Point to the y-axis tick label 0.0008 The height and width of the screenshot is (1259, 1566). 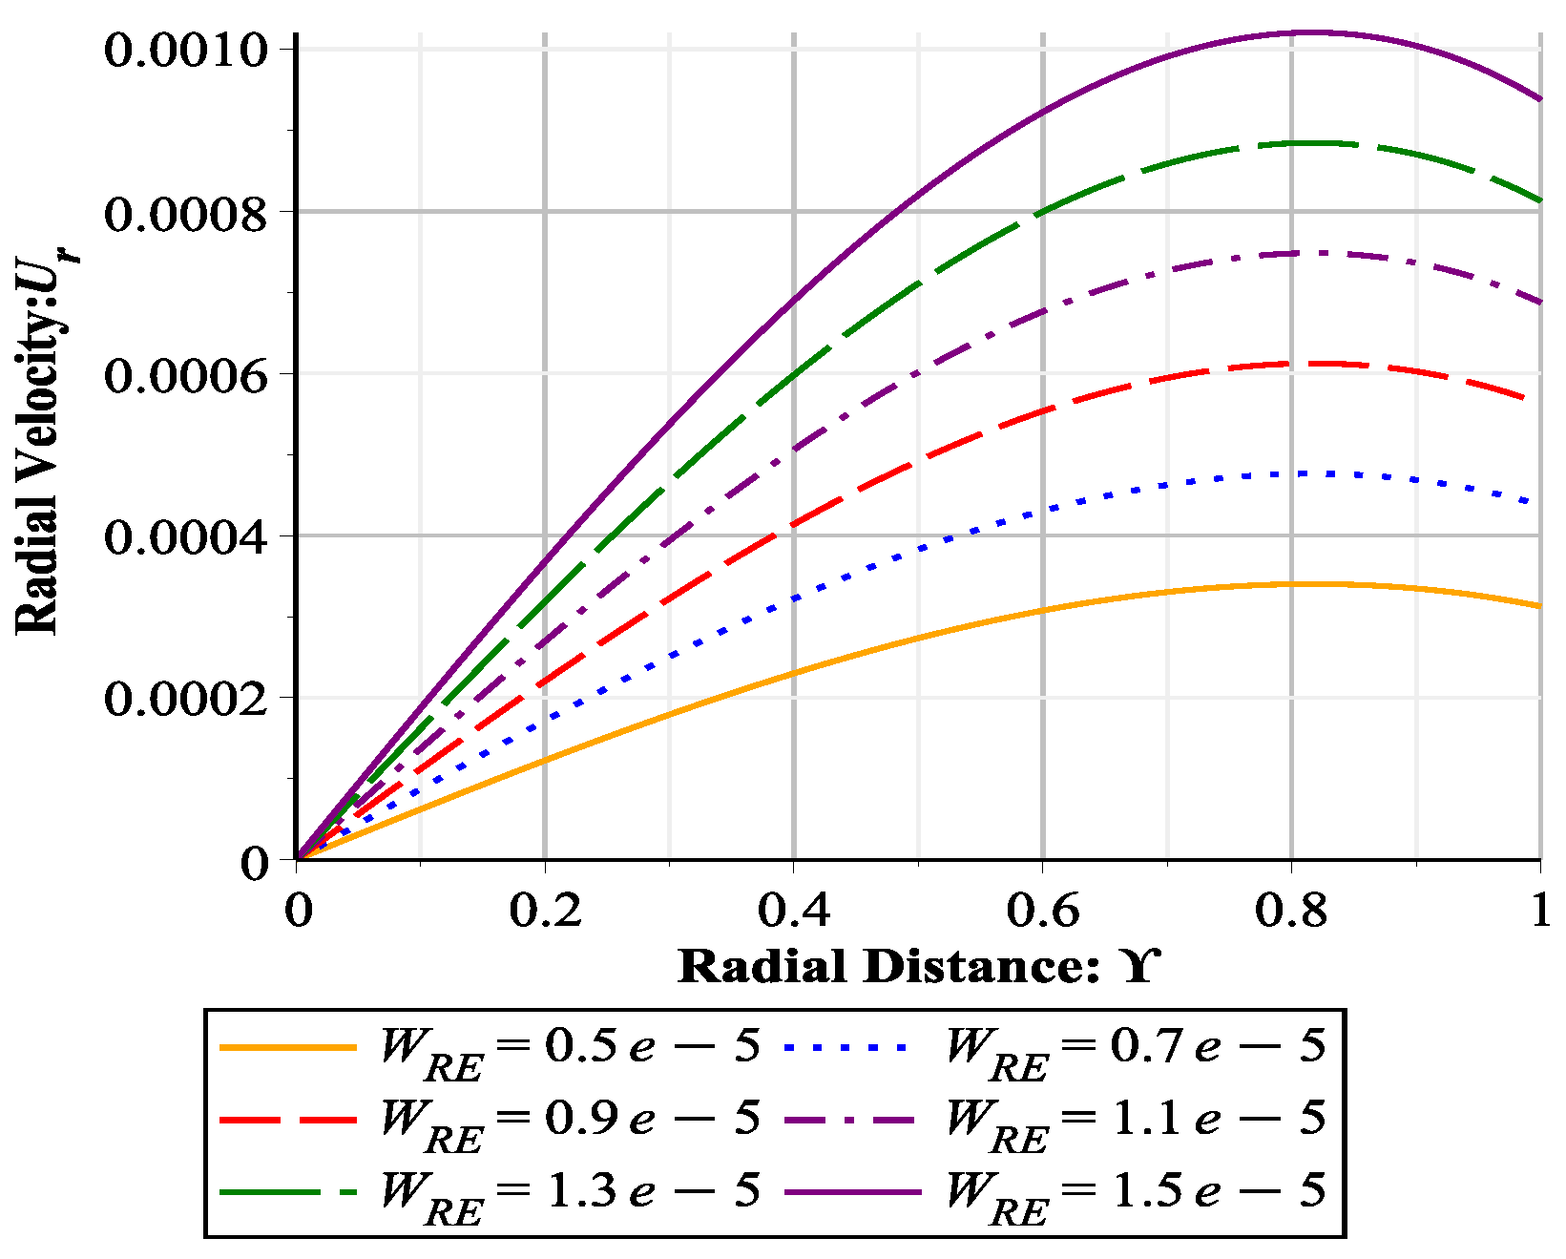186,214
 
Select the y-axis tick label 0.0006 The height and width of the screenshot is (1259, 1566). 186,376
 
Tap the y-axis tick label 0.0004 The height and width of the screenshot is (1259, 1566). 186,537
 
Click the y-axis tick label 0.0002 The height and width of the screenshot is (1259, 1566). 186,700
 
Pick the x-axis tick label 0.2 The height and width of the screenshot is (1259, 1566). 545,911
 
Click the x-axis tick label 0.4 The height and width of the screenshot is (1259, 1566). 794,911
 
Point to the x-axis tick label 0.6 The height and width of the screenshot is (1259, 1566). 1043,911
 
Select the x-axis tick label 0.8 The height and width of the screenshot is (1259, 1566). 1291,911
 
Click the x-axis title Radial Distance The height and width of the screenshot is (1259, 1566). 919,966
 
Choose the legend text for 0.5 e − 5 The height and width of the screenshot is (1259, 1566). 571,1049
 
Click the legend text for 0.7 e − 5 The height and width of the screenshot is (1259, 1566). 1136,1049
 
